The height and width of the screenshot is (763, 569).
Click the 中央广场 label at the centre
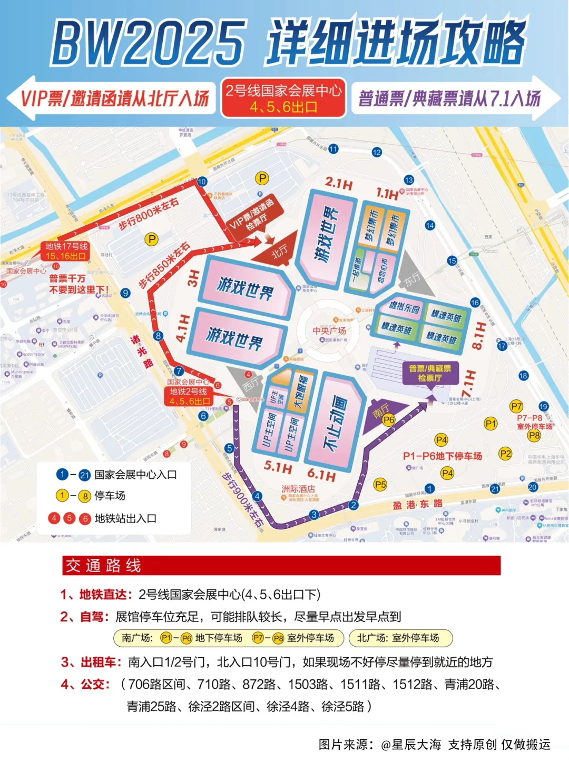click(329, 330)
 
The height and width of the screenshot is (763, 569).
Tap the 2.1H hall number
click(339, 184)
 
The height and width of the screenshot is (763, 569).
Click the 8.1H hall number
click(478, 335)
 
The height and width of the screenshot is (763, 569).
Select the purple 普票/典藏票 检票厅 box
click(430, 373)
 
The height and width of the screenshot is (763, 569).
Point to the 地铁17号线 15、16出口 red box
click(66, 251)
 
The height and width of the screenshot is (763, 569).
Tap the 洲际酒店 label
click(298, 489)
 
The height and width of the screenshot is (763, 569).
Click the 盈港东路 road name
click(417, 504)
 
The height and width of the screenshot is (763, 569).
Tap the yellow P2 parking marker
click(505, 454)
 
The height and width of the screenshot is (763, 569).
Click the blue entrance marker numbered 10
click(202, 182)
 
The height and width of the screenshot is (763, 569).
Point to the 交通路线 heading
click(103, 566)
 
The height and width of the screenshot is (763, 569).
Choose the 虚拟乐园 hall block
click(404, 307)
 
